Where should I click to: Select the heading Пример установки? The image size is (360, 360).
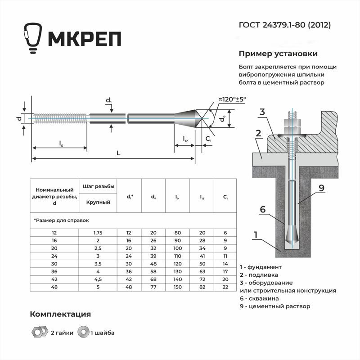pyautogui.click(x=278, y=54)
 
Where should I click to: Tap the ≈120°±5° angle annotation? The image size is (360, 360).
pyautogui.click(x=232, y=99)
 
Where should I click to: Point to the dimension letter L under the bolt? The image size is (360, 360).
pyautogui.click(x=118, y=153)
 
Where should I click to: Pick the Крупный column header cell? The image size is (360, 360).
pyautogui.click(x=98, y=202)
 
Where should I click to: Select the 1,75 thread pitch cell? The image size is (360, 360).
pyautogui.click(x=98, y=233)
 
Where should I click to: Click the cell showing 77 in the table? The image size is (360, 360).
pyautogui.click(x=153, y=287)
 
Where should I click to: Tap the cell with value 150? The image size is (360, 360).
pyautogui.click(x=177, y=287)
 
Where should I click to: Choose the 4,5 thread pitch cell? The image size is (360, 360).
pyautogui.click(x=98, y=279)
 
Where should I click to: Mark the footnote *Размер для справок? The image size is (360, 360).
pyautogui.click(x=61, y=220)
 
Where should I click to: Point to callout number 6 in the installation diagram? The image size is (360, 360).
pyautogui.click(x=263, y=209)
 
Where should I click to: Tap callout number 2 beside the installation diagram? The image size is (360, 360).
pyautogui.click(x=258, y=133)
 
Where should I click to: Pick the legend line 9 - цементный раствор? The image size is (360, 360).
pyautogui.click(x=275, y=306)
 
